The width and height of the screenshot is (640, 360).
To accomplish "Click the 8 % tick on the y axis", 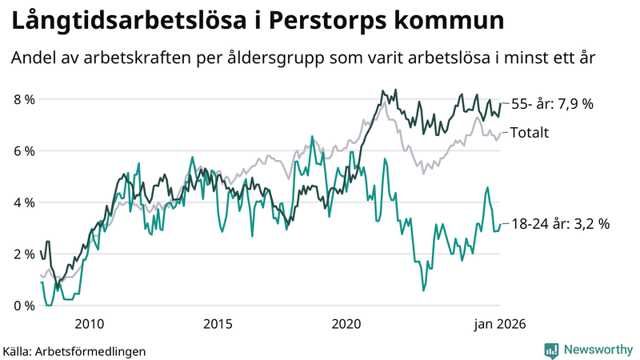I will (23, 99).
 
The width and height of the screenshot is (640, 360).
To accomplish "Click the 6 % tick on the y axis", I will (23, 151).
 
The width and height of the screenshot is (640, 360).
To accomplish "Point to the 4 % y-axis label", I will (23, 202).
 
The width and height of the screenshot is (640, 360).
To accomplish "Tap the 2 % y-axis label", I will (23, 254).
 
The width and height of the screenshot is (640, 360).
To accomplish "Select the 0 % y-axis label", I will (23, 306).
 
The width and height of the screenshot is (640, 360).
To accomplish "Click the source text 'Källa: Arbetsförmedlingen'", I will (74, 350).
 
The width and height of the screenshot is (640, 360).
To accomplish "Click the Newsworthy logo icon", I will (551, 350).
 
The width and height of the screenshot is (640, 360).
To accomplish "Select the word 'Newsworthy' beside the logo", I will (597, 350).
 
